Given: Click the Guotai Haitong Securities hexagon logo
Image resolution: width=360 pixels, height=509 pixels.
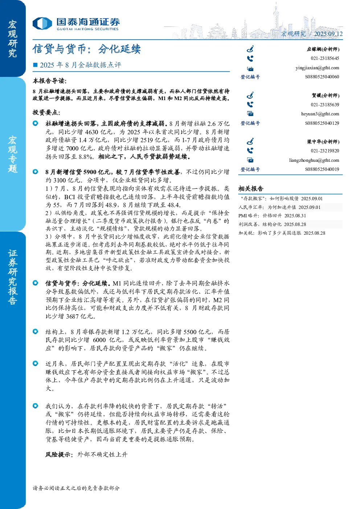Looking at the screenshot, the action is [42, 23].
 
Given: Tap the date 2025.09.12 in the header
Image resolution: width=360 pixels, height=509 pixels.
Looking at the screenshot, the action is [328, 34].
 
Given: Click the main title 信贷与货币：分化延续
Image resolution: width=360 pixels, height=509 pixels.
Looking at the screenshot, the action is [87, 49].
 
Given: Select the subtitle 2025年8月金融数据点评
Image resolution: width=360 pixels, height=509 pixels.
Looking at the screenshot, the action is [81, 65].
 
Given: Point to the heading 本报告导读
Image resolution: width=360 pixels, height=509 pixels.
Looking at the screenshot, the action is [50, 81].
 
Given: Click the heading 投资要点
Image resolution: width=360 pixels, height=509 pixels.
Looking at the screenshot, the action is [46, 112].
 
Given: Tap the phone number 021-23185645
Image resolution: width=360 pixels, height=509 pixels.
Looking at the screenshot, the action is [325, 58].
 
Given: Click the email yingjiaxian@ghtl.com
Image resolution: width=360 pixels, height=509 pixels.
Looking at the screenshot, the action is [317, 68].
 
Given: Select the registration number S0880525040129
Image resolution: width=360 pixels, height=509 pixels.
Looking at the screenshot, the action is [322, 123].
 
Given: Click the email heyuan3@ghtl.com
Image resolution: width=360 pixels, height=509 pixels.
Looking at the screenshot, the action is [320, 114].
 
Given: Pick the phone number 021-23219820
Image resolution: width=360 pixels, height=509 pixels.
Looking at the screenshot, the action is [325, 151].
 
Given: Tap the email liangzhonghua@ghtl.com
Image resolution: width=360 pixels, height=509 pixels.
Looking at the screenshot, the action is [314, 160].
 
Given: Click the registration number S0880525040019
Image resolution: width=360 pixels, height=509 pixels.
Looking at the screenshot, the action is [322, 169].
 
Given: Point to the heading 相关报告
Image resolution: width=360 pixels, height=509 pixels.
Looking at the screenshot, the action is [251, 188].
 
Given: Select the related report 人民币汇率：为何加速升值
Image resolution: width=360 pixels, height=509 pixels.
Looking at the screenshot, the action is [279, 207].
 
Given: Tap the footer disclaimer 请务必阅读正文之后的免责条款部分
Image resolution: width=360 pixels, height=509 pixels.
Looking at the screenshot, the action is [76, 488].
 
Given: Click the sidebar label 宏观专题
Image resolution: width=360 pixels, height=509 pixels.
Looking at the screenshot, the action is [12, 154].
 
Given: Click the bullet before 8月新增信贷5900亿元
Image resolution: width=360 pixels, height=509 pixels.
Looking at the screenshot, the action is [36, 172].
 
